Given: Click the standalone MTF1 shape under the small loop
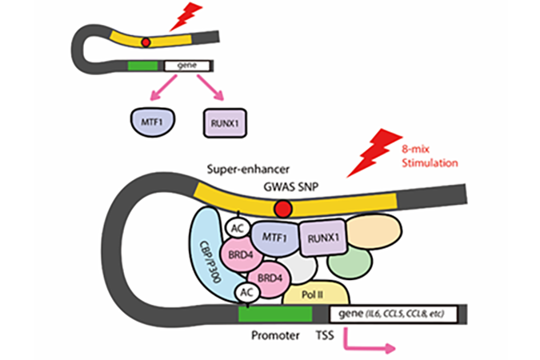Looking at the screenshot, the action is (x=153, y=122).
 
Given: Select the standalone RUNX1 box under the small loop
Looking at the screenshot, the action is (x=225, y=123).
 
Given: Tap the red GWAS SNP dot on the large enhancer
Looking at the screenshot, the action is (x=283, y=209).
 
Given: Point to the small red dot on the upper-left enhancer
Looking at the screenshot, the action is (x=146, y=42).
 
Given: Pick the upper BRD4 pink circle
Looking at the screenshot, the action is (x=241, y=255).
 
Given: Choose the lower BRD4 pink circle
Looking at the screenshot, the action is (x=270, y=278).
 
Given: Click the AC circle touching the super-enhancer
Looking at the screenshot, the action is (x=238, y=228).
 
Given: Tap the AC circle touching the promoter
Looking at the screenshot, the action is (x=247, y=293).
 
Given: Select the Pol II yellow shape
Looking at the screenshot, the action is (x=316, y=294).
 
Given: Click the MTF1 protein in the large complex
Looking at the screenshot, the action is (x=274, y=238).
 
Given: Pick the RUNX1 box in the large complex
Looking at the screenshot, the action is (x=322, y=238).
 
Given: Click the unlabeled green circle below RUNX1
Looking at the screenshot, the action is (x=350, y=262).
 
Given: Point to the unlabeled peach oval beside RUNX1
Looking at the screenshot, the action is (x=374, y=231).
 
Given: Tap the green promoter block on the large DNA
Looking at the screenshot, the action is (x=275, y=314).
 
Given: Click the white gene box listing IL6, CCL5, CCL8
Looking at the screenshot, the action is (x=394, y=314).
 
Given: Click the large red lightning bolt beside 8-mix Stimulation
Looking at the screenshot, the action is (x=374, y=154).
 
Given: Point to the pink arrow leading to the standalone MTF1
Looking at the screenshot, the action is (x=163, y=88).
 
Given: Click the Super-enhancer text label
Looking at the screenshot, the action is (x=248, y=169).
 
